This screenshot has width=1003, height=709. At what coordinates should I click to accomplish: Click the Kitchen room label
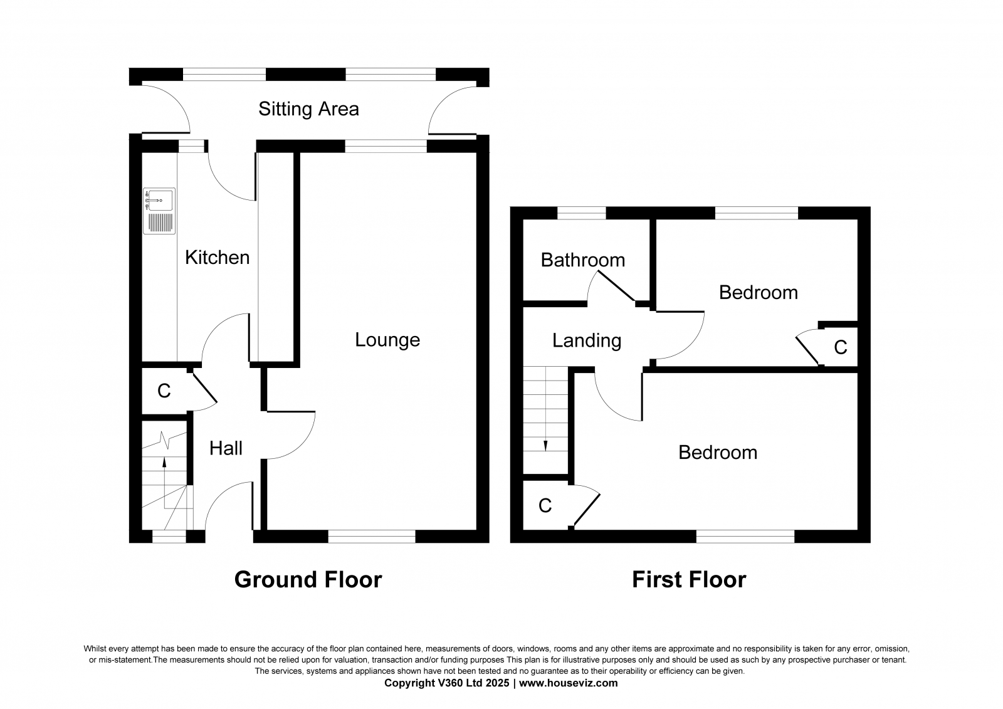(217, 258)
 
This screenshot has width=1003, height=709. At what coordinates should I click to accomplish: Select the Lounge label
(387, 340)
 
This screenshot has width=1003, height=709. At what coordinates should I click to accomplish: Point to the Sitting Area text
(308, 109)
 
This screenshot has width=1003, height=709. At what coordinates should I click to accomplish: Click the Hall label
(226, 448)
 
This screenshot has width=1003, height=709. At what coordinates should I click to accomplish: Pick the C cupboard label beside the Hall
(164, 391)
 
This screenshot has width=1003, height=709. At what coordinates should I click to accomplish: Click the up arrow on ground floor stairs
(165, 463)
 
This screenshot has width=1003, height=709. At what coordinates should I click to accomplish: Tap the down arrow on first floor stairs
(545, 445)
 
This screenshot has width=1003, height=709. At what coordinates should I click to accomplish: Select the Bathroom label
(582, 260)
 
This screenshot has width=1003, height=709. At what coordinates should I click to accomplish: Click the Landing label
(586, 340)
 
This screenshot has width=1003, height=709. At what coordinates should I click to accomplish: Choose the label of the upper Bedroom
(758, 292)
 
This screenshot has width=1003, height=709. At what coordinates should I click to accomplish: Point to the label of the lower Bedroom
(718, 453)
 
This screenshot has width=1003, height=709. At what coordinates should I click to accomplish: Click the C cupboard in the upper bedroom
(840, 347)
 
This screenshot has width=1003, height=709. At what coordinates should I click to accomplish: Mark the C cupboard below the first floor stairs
(545, 505)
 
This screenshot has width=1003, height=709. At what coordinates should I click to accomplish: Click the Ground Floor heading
(308, 580)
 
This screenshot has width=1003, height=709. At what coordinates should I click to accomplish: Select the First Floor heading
(688, 580)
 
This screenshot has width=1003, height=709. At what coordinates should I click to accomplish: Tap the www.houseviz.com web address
(568, 683)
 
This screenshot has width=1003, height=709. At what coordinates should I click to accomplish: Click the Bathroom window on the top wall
(582, 213)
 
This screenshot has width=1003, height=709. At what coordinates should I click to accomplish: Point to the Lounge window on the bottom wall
(372, 536)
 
